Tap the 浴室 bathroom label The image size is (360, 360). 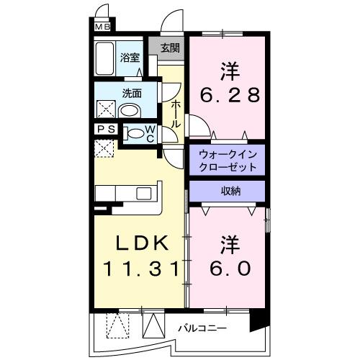[130, 58]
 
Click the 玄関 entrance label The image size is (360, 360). [170, 49]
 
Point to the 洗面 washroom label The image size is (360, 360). [130, 93]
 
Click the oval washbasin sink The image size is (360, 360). [130, 112]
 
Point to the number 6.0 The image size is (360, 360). [230, 269]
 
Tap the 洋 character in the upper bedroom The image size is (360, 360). [229, 71]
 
